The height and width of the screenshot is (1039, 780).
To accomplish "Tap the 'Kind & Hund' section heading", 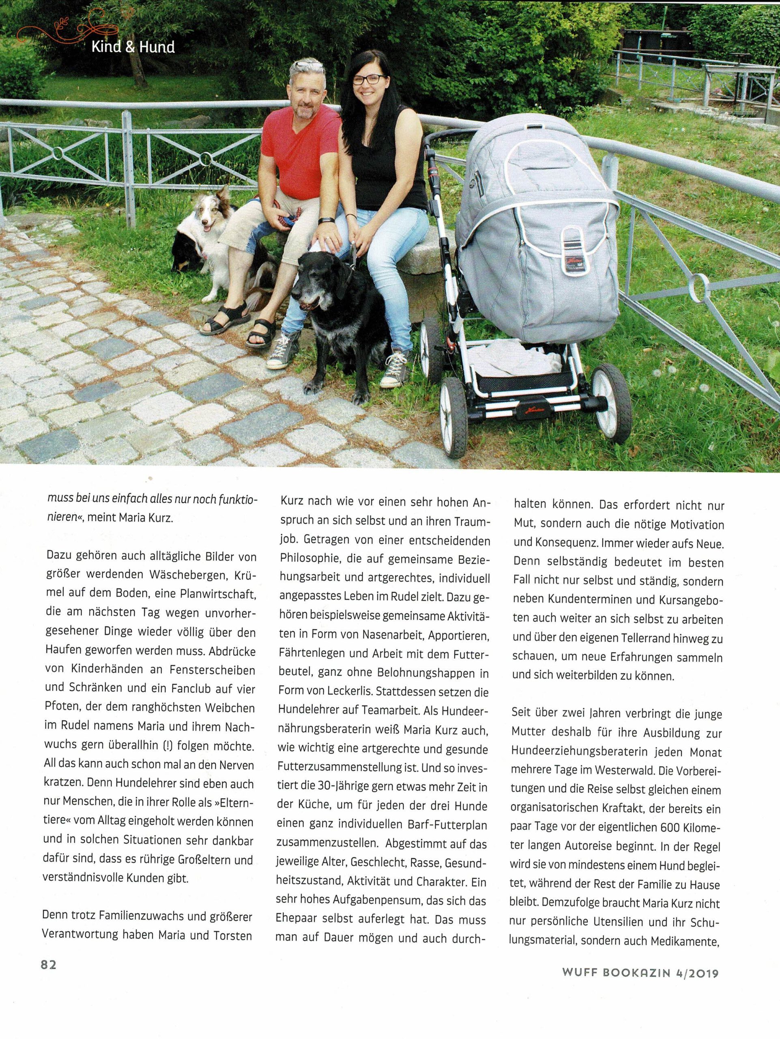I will pos(133,47).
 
